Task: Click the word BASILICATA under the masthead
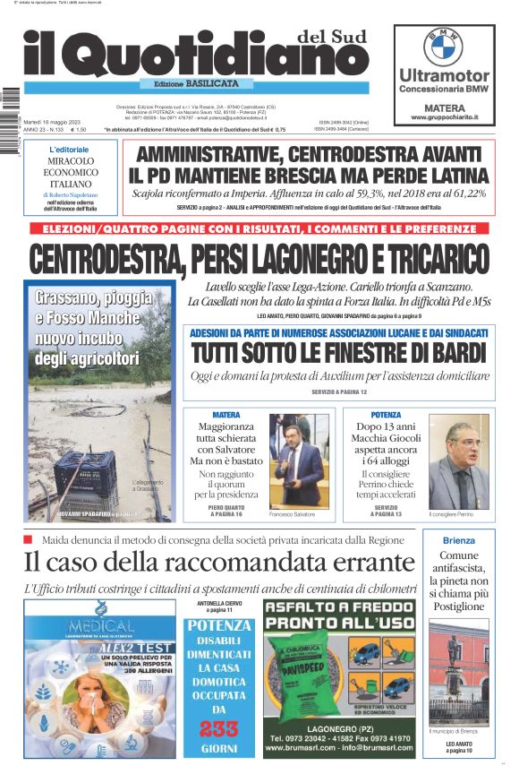212,83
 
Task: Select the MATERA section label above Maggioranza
225,415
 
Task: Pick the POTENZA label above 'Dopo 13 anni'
386,415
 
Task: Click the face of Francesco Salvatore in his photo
296,445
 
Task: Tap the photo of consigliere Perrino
459,461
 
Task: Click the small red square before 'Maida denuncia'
29,539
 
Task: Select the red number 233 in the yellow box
218,727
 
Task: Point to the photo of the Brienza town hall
459,671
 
